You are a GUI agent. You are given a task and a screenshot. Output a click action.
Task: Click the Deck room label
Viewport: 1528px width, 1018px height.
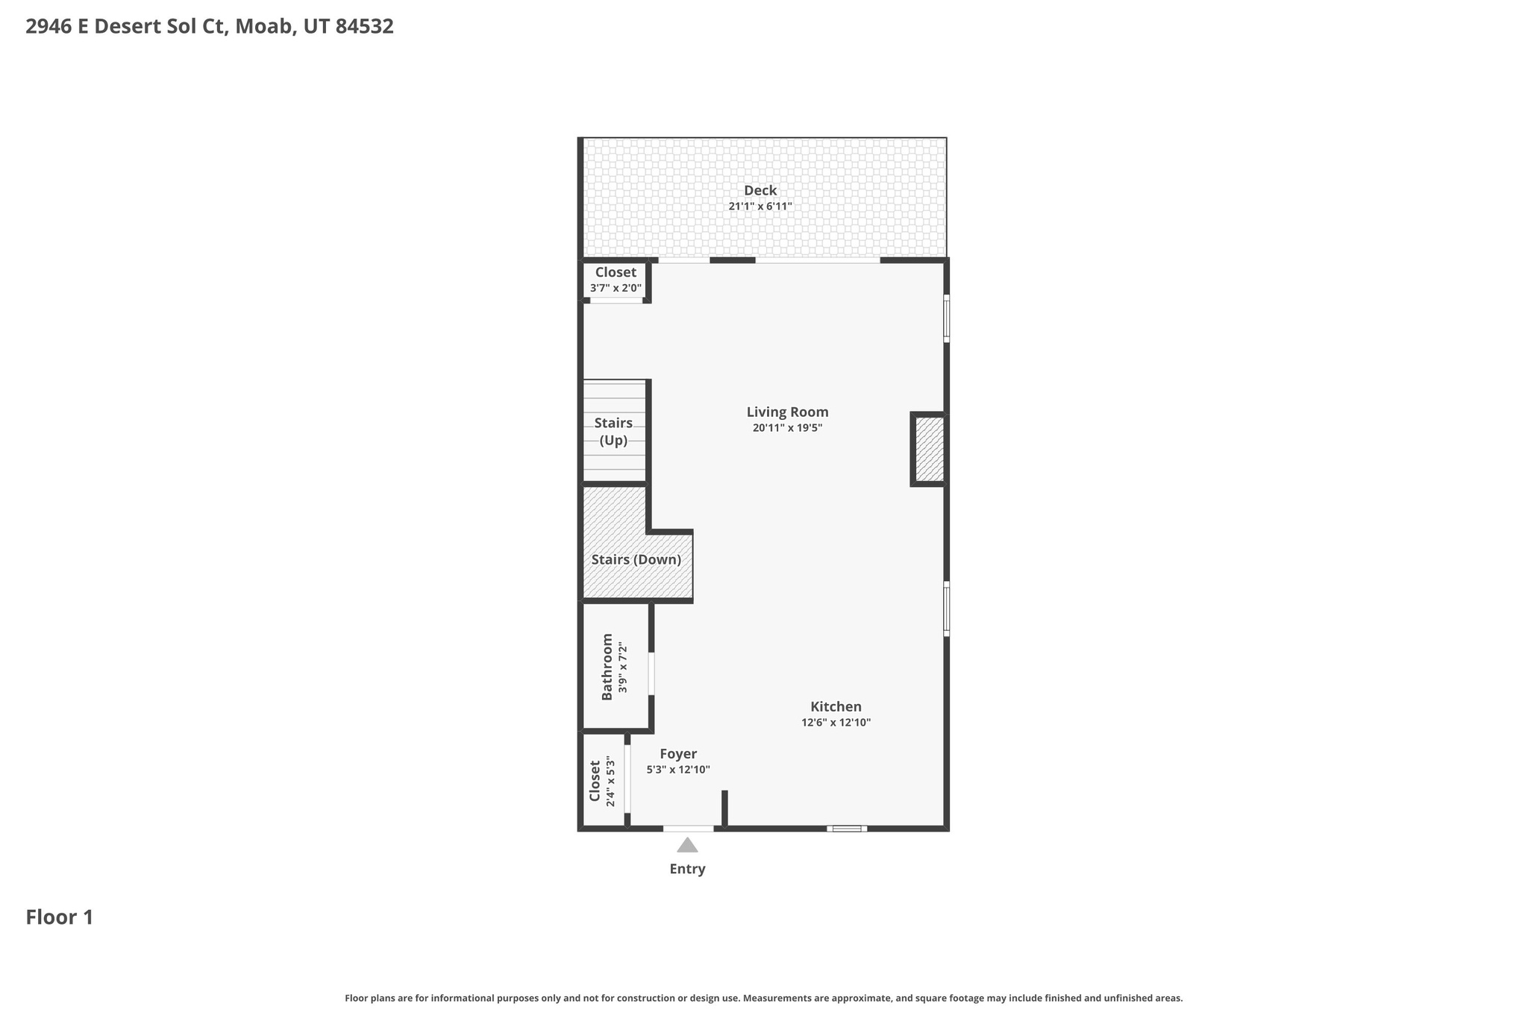(x=760, y=190)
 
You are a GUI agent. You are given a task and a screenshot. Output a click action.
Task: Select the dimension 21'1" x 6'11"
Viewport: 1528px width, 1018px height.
(x=760, y=207)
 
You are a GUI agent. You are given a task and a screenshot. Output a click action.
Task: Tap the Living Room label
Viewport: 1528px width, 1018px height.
(x=787, y=412)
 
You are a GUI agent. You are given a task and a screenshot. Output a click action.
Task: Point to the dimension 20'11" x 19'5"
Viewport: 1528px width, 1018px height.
(x=787, y=428)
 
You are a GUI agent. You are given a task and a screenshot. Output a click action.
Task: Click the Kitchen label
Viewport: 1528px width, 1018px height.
(x=836, y=706)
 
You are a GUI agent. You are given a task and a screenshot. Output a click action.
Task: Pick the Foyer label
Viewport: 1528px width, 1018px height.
(x=677, y=754)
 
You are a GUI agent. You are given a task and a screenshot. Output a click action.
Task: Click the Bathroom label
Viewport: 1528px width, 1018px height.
(x=607, y=666)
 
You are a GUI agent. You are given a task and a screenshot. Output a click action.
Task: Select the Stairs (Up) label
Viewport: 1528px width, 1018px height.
(x=613, y=431)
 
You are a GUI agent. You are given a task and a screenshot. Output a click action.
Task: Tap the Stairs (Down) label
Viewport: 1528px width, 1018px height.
(x=636, y=559)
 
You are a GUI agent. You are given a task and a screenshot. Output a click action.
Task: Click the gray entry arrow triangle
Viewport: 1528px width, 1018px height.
(x=687, y=846)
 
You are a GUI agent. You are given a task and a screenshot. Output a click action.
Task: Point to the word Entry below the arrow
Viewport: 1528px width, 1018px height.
(x=687, y=869)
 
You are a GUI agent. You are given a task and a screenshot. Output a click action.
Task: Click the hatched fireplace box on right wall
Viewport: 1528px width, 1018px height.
(x=930, y=449)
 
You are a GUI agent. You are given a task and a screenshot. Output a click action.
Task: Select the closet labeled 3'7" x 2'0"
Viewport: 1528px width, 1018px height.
(x=616, y=279)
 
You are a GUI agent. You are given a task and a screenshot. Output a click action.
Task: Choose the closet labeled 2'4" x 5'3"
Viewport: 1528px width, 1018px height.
(x=602, y=781)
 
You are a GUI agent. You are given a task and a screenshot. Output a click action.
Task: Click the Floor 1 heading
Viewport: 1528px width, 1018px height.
(x=60, y=917)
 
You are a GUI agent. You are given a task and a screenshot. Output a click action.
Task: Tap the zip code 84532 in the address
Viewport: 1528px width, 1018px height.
(x=364, y=27)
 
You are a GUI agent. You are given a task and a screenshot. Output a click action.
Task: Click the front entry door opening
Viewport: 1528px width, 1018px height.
(x=688, y=828)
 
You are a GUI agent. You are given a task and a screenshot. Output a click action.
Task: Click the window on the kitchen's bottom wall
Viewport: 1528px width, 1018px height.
(x=846, y=828)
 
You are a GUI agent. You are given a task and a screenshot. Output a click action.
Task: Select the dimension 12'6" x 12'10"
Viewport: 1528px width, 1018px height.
(x=836, y=723)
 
